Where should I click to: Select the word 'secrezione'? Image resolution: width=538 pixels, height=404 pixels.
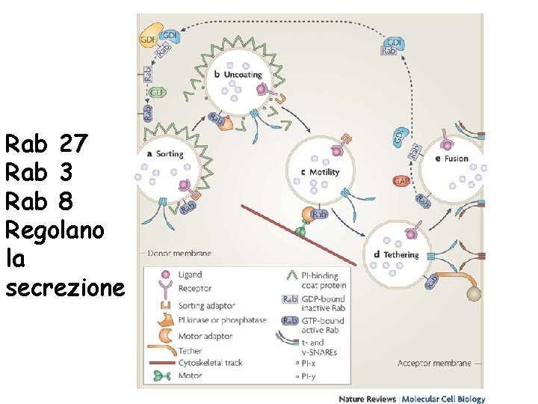(x=64, y=287)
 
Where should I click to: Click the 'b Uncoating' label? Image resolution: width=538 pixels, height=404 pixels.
(x=238, y=75)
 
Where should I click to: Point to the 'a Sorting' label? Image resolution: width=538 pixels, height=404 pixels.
(x=164, y=155)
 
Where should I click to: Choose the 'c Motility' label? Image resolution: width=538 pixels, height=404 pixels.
(x=319, y=172)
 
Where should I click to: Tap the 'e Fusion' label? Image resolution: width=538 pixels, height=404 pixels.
(x=451, y=159)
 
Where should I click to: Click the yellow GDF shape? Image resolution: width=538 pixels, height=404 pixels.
(x=149, y=38)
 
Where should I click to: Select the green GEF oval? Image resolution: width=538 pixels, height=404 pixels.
(x=157, y=94)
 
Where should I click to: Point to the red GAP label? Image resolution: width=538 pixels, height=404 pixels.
(x=401, y=181)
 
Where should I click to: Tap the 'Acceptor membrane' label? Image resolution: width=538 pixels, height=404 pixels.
(x=434, y=363)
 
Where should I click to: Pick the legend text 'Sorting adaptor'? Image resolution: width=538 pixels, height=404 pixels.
(x=207, y=306)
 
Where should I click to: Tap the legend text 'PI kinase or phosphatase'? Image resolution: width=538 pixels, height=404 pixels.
(x=222, y=320)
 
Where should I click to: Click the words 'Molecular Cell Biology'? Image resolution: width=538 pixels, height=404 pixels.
(x=444, y=400)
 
